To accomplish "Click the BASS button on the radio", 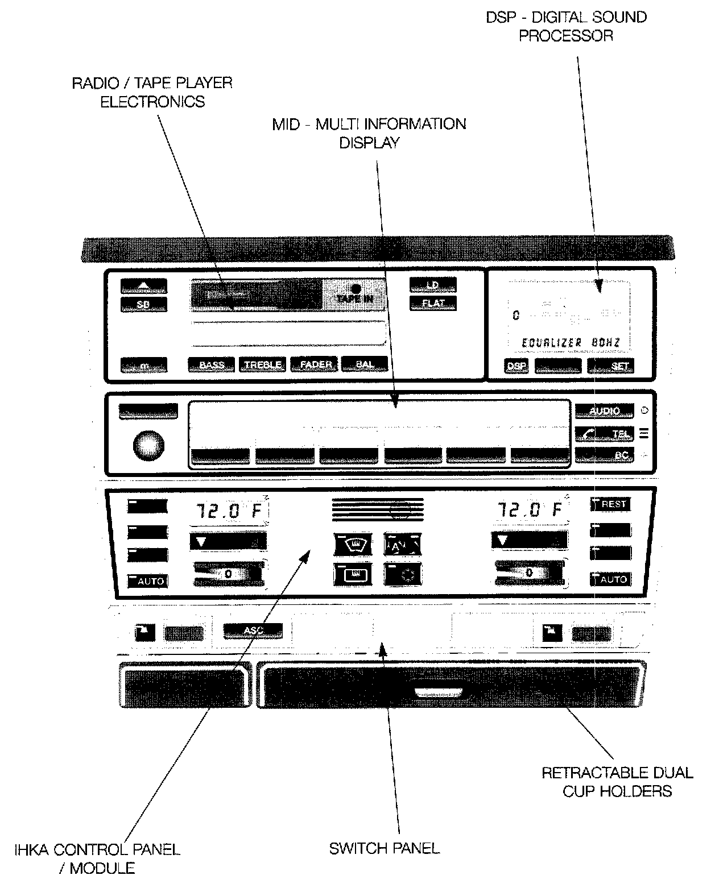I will (211, 365).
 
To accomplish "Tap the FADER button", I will (315, 364).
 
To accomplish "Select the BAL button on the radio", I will (364, 364).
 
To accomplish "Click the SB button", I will (143, 305).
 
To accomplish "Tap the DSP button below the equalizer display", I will (516, 366).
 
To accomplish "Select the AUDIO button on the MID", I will (604, 411).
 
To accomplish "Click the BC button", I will (604, 455).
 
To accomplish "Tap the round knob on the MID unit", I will (148, 445).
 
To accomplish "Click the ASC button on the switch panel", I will (253, 630).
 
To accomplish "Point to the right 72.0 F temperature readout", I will (530, 509).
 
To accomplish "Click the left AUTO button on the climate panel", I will (148, 581).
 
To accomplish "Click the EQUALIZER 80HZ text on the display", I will (571, 343).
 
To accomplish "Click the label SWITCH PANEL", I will (385, 849).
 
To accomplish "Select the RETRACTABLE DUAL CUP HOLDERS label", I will (617, 781).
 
